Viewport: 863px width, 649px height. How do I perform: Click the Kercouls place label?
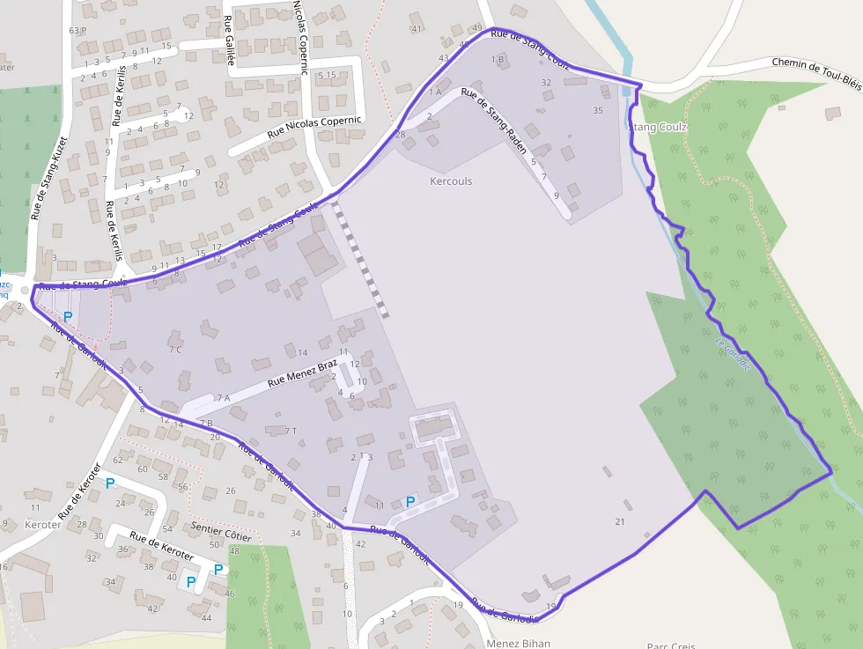pyautogui.click(x=451, y=181)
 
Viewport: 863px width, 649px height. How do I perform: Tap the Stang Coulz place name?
pyautogui.click(x=657, y=127)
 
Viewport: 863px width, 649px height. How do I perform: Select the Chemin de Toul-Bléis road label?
pyautogui.click(x=816, y=71)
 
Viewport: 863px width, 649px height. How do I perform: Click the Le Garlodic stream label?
pyautogui.click(x=733, y=354)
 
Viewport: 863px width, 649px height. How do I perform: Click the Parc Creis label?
pyautogui.click(x=671, y=645)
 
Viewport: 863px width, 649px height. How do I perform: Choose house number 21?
pyautogui.click(x=620, y=522)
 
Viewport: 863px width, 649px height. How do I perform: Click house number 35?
pyautogui.click(x=598, y=110)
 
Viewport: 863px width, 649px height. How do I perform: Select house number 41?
pyautogui.click(x=417, y=30)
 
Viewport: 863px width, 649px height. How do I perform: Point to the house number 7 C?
pyautogui.click(x=175, y=350)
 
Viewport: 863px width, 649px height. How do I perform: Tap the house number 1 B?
pyautogui.click(x=498, y=59)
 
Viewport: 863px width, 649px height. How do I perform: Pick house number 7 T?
pyautogui.click(x=291, y=431)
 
